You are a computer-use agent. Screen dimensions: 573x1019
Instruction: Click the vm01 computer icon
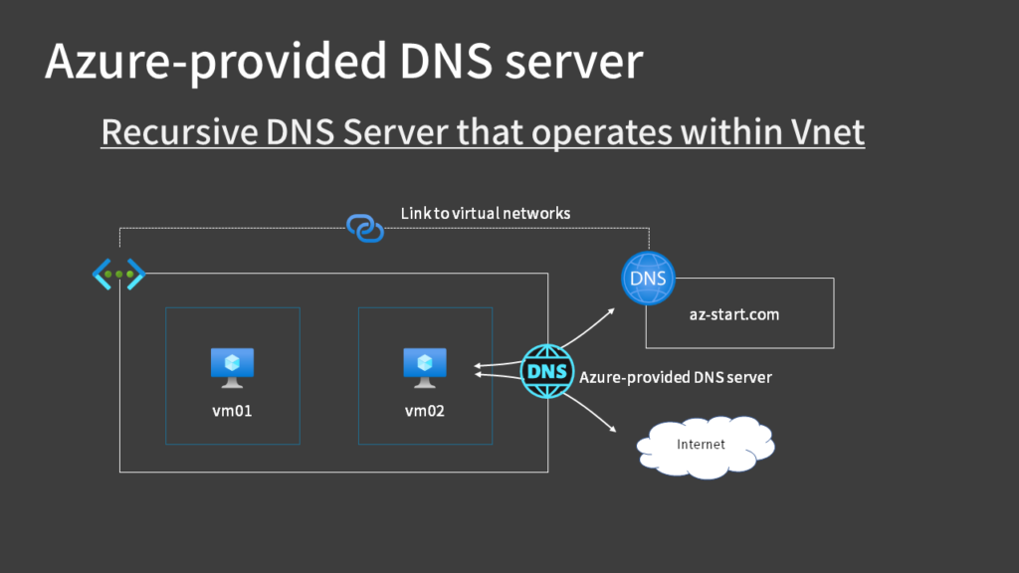[232, 367]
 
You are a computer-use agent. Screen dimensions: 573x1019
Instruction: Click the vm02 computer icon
[425, 367]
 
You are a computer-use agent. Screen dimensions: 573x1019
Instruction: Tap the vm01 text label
[232, 408]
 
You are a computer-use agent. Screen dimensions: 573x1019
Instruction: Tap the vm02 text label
[425, 408]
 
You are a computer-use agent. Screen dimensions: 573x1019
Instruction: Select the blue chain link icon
[365, 228]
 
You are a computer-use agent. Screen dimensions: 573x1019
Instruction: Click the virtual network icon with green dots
[119, 274]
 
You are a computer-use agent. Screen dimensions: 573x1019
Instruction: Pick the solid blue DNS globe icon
[648, 279]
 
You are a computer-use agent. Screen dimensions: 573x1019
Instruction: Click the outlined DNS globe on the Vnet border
[547, 371]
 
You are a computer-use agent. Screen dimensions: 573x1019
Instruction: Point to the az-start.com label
[733, 314]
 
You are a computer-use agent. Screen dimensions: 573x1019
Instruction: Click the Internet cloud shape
[705, 445]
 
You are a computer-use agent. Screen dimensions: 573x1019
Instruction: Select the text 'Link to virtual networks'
[485, 213]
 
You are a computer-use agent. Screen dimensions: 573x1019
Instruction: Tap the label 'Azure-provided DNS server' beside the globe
[676, 377]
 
